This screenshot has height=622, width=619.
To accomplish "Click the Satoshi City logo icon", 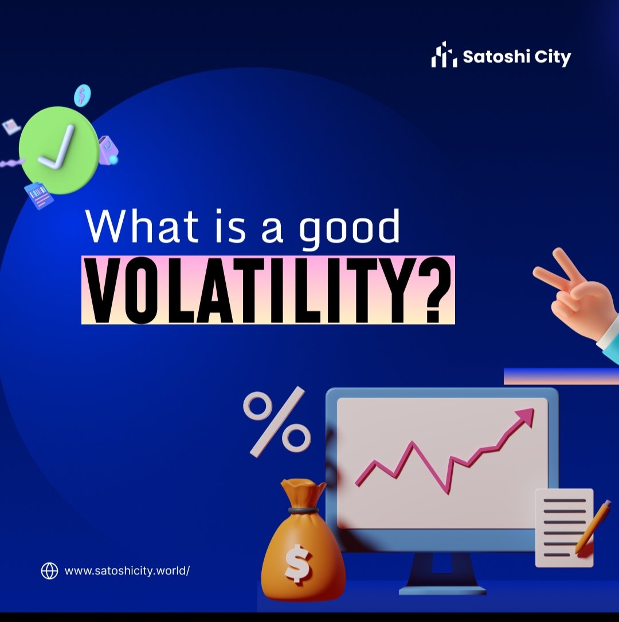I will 444,55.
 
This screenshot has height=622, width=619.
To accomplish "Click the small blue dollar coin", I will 82,95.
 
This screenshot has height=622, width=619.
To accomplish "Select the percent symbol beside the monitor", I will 277,422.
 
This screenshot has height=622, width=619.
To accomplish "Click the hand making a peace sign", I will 573,298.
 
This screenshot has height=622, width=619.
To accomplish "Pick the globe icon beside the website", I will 50,570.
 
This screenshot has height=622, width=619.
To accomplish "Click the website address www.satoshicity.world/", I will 127,571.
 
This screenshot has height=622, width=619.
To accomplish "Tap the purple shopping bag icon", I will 107,150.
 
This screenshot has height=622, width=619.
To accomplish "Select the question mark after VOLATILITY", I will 434,291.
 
